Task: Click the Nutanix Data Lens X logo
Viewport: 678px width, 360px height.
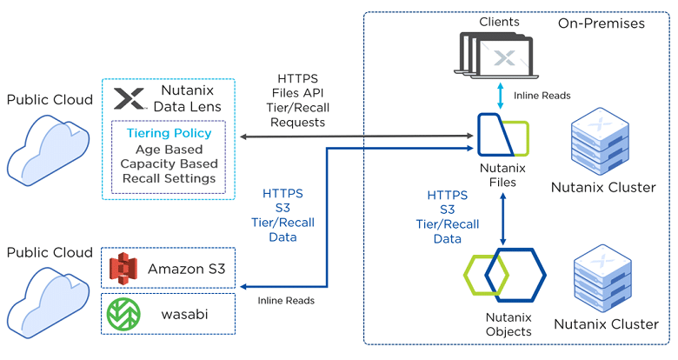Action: [x=129, y=98]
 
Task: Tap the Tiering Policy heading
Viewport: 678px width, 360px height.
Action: [x=169, y=133]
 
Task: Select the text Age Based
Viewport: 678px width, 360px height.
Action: [x=169, y=150]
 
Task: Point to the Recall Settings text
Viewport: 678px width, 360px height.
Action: [x=169, y=178]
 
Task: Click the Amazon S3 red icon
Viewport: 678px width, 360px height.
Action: [x=123, y=269]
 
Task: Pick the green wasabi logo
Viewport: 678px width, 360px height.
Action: [x=123, y=314]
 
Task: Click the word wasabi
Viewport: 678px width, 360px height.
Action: [x=184, y=314]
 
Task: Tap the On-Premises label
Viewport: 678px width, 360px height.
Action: [x=601, y=23]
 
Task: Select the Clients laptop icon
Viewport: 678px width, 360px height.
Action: [x=496, y=56]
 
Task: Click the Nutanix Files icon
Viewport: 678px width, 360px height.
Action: [x=503, y=135]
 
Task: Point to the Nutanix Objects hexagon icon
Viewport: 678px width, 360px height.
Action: [x=505, y=275]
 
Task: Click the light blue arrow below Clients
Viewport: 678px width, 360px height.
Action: [x=501, y=95]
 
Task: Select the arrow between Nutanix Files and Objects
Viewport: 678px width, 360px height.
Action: [x=502, y=219]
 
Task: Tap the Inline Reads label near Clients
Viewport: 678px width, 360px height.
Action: [x=542, y=96]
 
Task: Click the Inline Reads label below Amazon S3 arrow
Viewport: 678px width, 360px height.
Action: [x=286, y=301]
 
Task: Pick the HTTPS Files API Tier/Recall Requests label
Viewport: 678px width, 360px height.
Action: [x=297, y=100]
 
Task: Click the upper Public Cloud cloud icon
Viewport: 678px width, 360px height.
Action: [x=48, y=150]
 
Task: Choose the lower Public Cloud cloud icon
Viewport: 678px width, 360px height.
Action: [x=48, y=303]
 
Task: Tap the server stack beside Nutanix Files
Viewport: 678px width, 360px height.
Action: [x=600, y=142]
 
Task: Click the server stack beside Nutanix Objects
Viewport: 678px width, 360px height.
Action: [x=602, y=279]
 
